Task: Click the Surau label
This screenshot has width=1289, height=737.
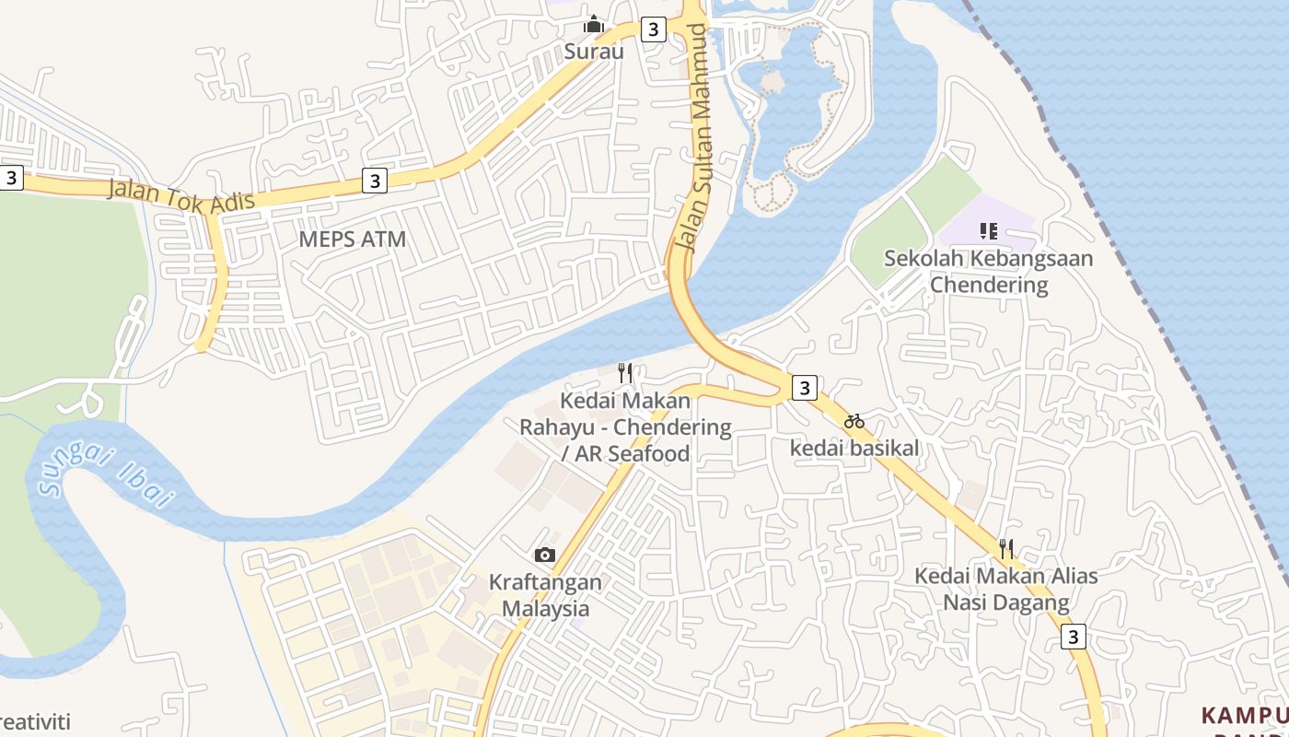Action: tap(594, 52)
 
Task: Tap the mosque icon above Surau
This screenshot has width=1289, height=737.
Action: tap(594, 24)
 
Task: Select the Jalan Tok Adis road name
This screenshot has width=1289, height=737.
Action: tap(180, 196)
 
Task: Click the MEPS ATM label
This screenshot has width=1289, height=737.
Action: tap(352, 240)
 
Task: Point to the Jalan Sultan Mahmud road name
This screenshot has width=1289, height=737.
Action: tap(694, 138)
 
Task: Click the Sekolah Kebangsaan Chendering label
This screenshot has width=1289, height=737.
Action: tap(989, 271)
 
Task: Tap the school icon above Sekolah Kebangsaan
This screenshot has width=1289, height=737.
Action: tap(989, 230)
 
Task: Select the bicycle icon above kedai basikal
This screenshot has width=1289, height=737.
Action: tap(854, 421)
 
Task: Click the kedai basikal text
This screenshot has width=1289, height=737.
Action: tap(854, 448)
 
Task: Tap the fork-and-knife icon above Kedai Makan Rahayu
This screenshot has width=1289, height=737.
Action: tap(625, 373)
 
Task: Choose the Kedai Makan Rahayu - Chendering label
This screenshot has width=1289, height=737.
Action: tap(625, 427)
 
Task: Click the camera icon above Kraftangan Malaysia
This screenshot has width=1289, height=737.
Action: tap(545, 555)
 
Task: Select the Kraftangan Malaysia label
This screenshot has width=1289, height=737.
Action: tap(545, 595)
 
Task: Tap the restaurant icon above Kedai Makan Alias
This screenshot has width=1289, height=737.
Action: tap(1006, 549)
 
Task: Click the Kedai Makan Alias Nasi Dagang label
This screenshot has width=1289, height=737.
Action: tap(1006, 590)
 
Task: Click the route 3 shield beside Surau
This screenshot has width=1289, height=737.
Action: tap(653, 29)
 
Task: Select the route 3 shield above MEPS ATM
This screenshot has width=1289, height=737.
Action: tap(374, 181)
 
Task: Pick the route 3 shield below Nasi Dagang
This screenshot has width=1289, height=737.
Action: tap(1073, 637)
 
